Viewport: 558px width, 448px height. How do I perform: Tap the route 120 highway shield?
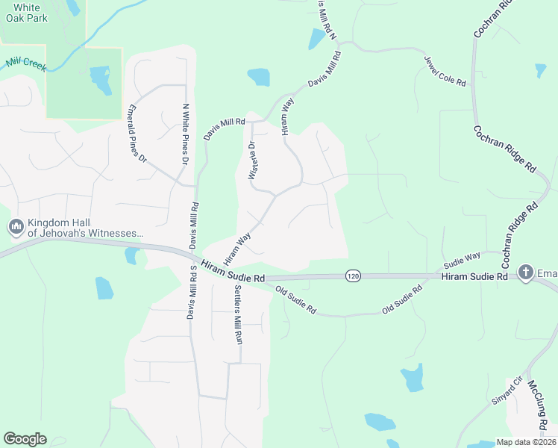(353, 276)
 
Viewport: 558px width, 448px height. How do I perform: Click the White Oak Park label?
(27, 13)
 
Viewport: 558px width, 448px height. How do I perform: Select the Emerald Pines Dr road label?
(139, 132)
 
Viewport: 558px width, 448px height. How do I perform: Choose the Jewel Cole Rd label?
(445, 71)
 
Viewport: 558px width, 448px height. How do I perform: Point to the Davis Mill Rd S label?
(192, 293)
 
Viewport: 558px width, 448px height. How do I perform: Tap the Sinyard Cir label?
(508, 390)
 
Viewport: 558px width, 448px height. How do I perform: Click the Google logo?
(25, 439)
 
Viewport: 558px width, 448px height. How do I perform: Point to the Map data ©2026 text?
(525, 442)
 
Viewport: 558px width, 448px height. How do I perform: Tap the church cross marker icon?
(525, 273)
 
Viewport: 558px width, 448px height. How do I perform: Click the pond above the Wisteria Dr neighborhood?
(258, 77)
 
